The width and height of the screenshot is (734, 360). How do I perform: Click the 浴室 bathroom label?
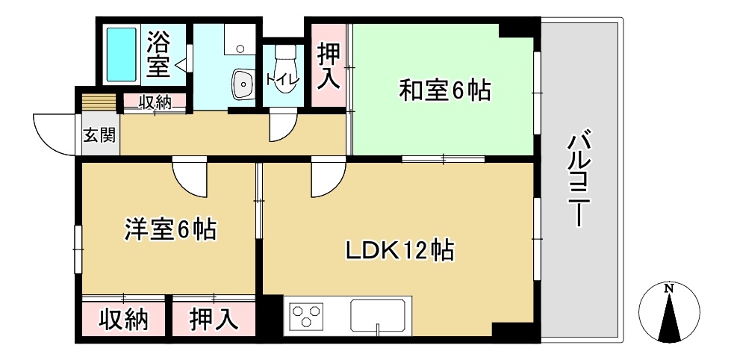pos(158,54)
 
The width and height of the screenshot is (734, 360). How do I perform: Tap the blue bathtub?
pos(120,55)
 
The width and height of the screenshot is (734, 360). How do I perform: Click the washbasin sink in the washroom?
pos(243,84)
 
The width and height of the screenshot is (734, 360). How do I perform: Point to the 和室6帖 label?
pos(445,91)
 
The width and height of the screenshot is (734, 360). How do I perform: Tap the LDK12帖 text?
pos(399,250)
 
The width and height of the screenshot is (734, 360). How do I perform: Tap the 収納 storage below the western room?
pos(125,320)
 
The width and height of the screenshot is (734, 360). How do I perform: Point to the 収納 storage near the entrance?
pos(155,102)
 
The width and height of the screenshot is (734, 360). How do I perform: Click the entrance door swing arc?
pos(51,132)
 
